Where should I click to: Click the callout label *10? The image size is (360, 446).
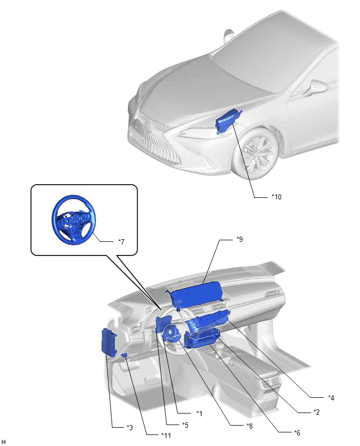point(276,197)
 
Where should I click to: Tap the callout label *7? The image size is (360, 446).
point(121,242)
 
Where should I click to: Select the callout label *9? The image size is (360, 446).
point(240,239)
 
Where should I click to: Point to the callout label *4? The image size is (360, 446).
point(331,398)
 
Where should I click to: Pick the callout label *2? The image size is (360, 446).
point(317,412)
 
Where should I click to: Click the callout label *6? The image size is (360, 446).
point(297,432)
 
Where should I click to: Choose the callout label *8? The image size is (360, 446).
point(250,426)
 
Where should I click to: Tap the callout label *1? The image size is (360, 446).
point(199,414)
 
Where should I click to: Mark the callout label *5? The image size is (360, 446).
point(185,425)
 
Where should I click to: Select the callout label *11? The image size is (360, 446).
point(166,435)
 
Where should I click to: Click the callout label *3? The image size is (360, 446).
point(130,428)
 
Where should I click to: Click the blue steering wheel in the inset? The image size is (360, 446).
point(74,220)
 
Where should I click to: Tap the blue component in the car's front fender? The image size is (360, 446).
point(228,121)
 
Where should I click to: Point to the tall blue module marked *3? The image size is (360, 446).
point(109,342)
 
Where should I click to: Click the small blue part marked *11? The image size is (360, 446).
point(124,355)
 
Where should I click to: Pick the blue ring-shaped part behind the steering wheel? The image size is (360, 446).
point(172,334)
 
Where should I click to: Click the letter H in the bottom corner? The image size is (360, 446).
point(4,442)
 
